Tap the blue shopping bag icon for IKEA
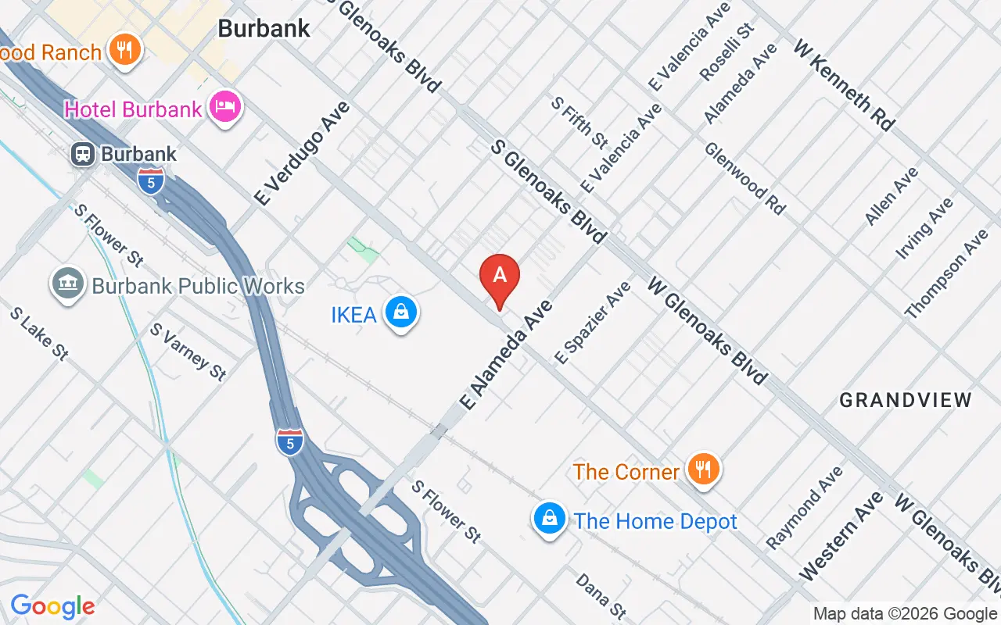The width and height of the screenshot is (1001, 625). point(401,312)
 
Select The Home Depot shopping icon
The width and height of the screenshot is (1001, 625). point(550,519)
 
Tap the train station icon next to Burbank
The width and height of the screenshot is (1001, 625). point(82,154)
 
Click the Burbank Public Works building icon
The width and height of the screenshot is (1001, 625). point(67,285)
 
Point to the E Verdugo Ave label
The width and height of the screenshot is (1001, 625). point(302,154)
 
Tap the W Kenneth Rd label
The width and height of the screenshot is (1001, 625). point(844,85)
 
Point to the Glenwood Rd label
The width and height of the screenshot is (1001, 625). point(744,178)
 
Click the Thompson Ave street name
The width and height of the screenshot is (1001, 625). point(946,273)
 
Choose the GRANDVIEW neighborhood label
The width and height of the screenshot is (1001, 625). point(906,400)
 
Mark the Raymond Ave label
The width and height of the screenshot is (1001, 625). point(805,507)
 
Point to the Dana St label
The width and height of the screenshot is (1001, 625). point(601,595)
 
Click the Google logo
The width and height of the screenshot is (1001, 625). point(52,606)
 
